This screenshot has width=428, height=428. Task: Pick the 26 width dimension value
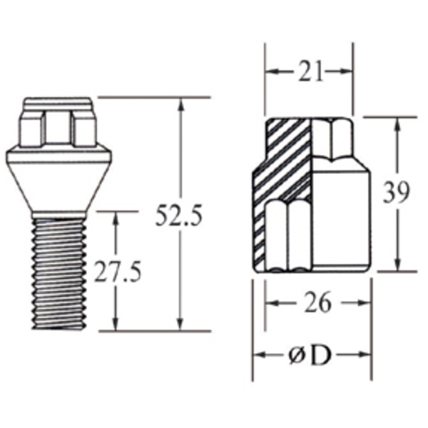click(x=317, y=303)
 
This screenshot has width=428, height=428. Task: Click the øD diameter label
click(x=311, y=355)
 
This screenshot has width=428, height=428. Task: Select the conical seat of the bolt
click(x=59, y=178)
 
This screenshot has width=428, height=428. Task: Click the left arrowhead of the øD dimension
click(x=258, y=355)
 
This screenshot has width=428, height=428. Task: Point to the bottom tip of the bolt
click(x=59, y=329)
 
